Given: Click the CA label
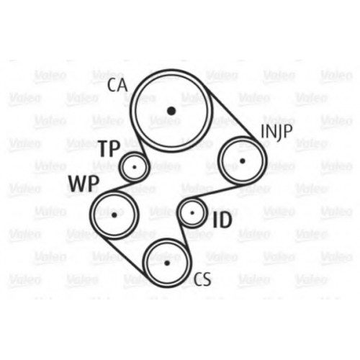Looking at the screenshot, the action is [x=117, y=86].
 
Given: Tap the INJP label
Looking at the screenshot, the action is [x=276, y=132].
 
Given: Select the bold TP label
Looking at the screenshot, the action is [x=109, y=148].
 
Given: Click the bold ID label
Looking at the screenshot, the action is [x=222, y=220].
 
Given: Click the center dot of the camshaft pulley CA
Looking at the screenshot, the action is [x=171, y=111].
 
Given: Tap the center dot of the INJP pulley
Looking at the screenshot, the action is [x=243, y=161].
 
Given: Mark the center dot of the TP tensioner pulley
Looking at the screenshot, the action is [x=135, y=167].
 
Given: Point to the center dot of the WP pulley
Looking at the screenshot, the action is [x=114, y=215].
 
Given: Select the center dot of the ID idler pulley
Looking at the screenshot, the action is [x=192, y=212].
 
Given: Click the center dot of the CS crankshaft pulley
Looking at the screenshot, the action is [x=167, y=263].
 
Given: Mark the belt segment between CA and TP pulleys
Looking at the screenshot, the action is [x=143, y=146].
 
